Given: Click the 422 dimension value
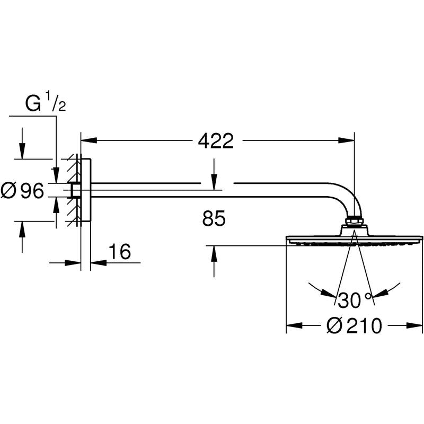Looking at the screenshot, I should coord(215,141).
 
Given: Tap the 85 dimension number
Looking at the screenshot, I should coord(214,218).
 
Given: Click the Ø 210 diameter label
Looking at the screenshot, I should coord(354,326).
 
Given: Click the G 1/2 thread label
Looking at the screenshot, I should coord(45,105).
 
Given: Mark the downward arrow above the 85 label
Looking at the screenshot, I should coord(214,182).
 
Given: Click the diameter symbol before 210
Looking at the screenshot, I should coord(334,326).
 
